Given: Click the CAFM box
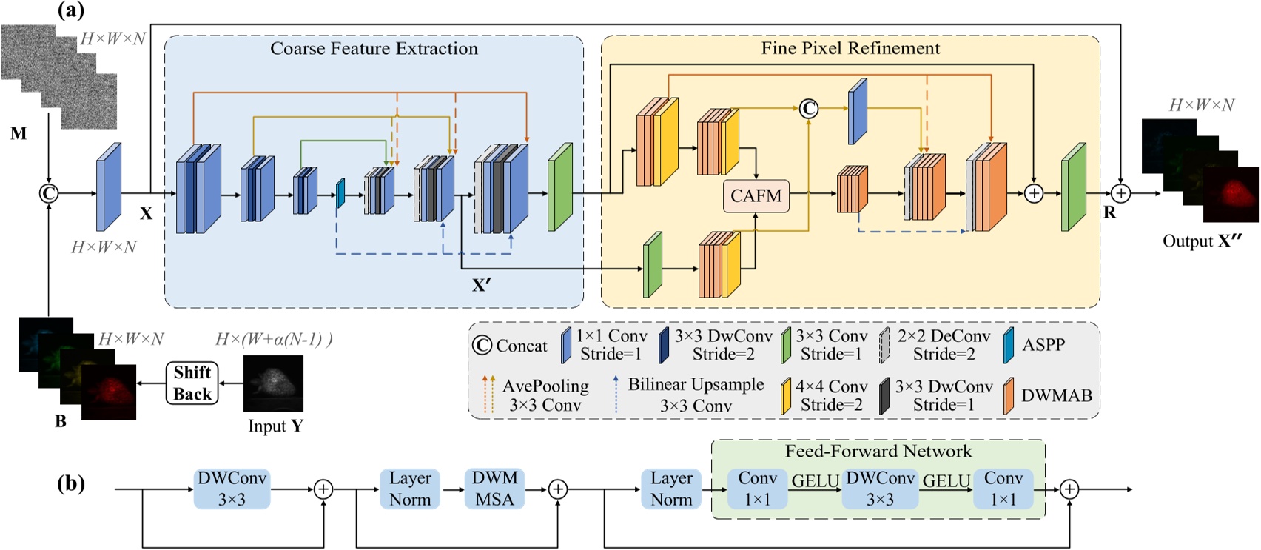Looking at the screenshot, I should click(756, 196).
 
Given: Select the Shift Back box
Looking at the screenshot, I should click(192, 383).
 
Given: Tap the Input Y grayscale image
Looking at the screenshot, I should click(273, 383).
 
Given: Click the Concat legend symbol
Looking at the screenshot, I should click(482, 346).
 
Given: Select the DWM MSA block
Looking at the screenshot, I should click(494, 489).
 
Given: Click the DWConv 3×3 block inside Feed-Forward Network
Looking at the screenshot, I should click(880, 489).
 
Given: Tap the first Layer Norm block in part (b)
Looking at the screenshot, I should click(409, 489).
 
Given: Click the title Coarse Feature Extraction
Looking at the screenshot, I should click(374, 49).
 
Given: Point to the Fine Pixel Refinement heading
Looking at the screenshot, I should click(850, 49).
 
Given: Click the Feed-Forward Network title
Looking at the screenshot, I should click(878, 452).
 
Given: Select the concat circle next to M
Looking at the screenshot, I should click(49, 194).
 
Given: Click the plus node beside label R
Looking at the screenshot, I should click(1121, 194).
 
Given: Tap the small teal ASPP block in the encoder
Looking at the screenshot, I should click(340, 194).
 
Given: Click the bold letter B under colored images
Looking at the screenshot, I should click(61, 421).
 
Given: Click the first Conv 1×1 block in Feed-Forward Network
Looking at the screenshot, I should click(757, 489).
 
